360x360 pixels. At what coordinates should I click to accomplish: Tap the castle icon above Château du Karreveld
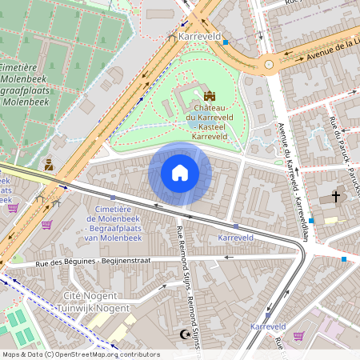[198, 95]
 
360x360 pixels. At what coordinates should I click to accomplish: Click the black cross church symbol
[336, 196]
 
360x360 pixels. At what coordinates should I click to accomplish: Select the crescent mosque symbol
[187, 334]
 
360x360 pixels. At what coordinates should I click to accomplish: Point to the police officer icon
[48, 165]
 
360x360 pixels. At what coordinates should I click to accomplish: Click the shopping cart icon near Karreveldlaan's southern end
[298, 336]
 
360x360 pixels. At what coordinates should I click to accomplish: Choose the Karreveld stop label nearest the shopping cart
[268, 326]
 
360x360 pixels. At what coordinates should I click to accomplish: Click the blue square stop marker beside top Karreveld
[226, 42]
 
